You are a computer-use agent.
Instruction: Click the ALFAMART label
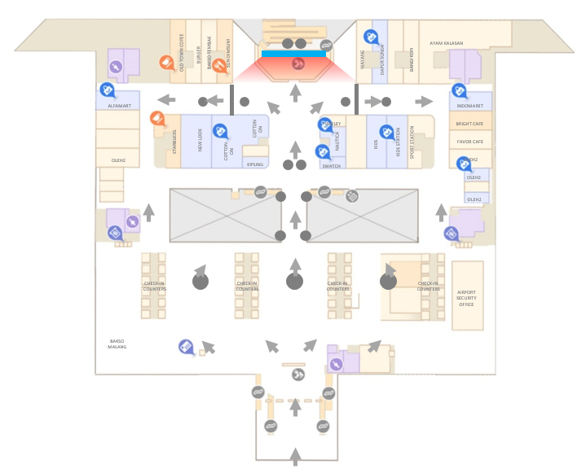[119, 107]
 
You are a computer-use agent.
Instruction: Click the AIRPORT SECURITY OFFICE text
[466, 298]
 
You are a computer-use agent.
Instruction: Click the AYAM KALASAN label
[446, 42]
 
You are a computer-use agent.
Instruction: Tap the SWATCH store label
[331, 166]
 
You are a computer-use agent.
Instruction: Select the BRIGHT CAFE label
[470, 124]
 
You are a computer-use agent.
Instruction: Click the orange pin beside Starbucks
[156, 118]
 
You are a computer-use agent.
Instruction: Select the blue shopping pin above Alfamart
[105, 90]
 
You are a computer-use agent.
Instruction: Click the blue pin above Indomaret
[458, 90]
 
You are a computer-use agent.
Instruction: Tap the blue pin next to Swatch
[322, 151]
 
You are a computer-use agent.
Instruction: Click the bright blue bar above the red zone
[294, 54]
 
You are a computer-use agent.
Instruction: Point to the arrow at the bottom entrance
[295, 457]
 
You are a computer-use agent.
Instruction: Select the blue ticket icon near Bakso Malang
[186, 347]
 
